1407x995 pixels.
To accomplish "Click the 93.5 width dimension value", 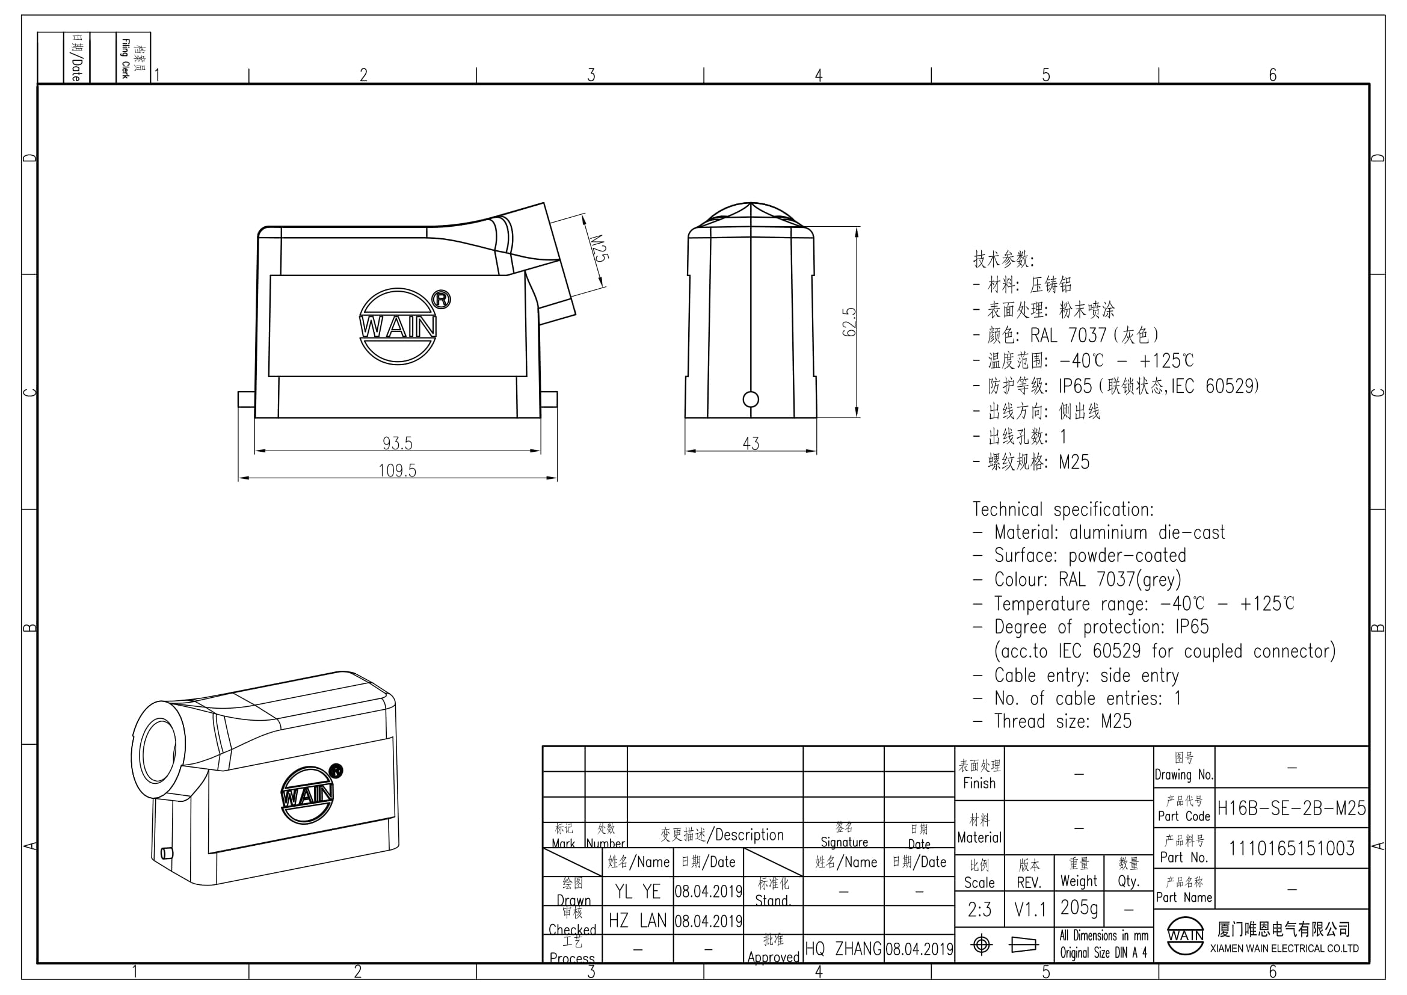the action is coord(398,442).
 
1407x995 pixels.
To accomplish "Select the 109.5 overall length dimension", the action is coord(397,470).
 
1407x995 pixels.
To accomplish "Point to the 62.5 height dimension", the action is coord(849,322).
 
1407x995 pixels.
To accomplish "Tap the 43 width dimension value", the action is coord(751,443).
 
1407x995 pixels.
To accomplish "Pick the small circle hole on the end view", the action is coord(751,399).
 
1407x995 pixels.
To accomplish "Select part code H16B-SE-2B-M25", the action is coord(1291,808).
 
